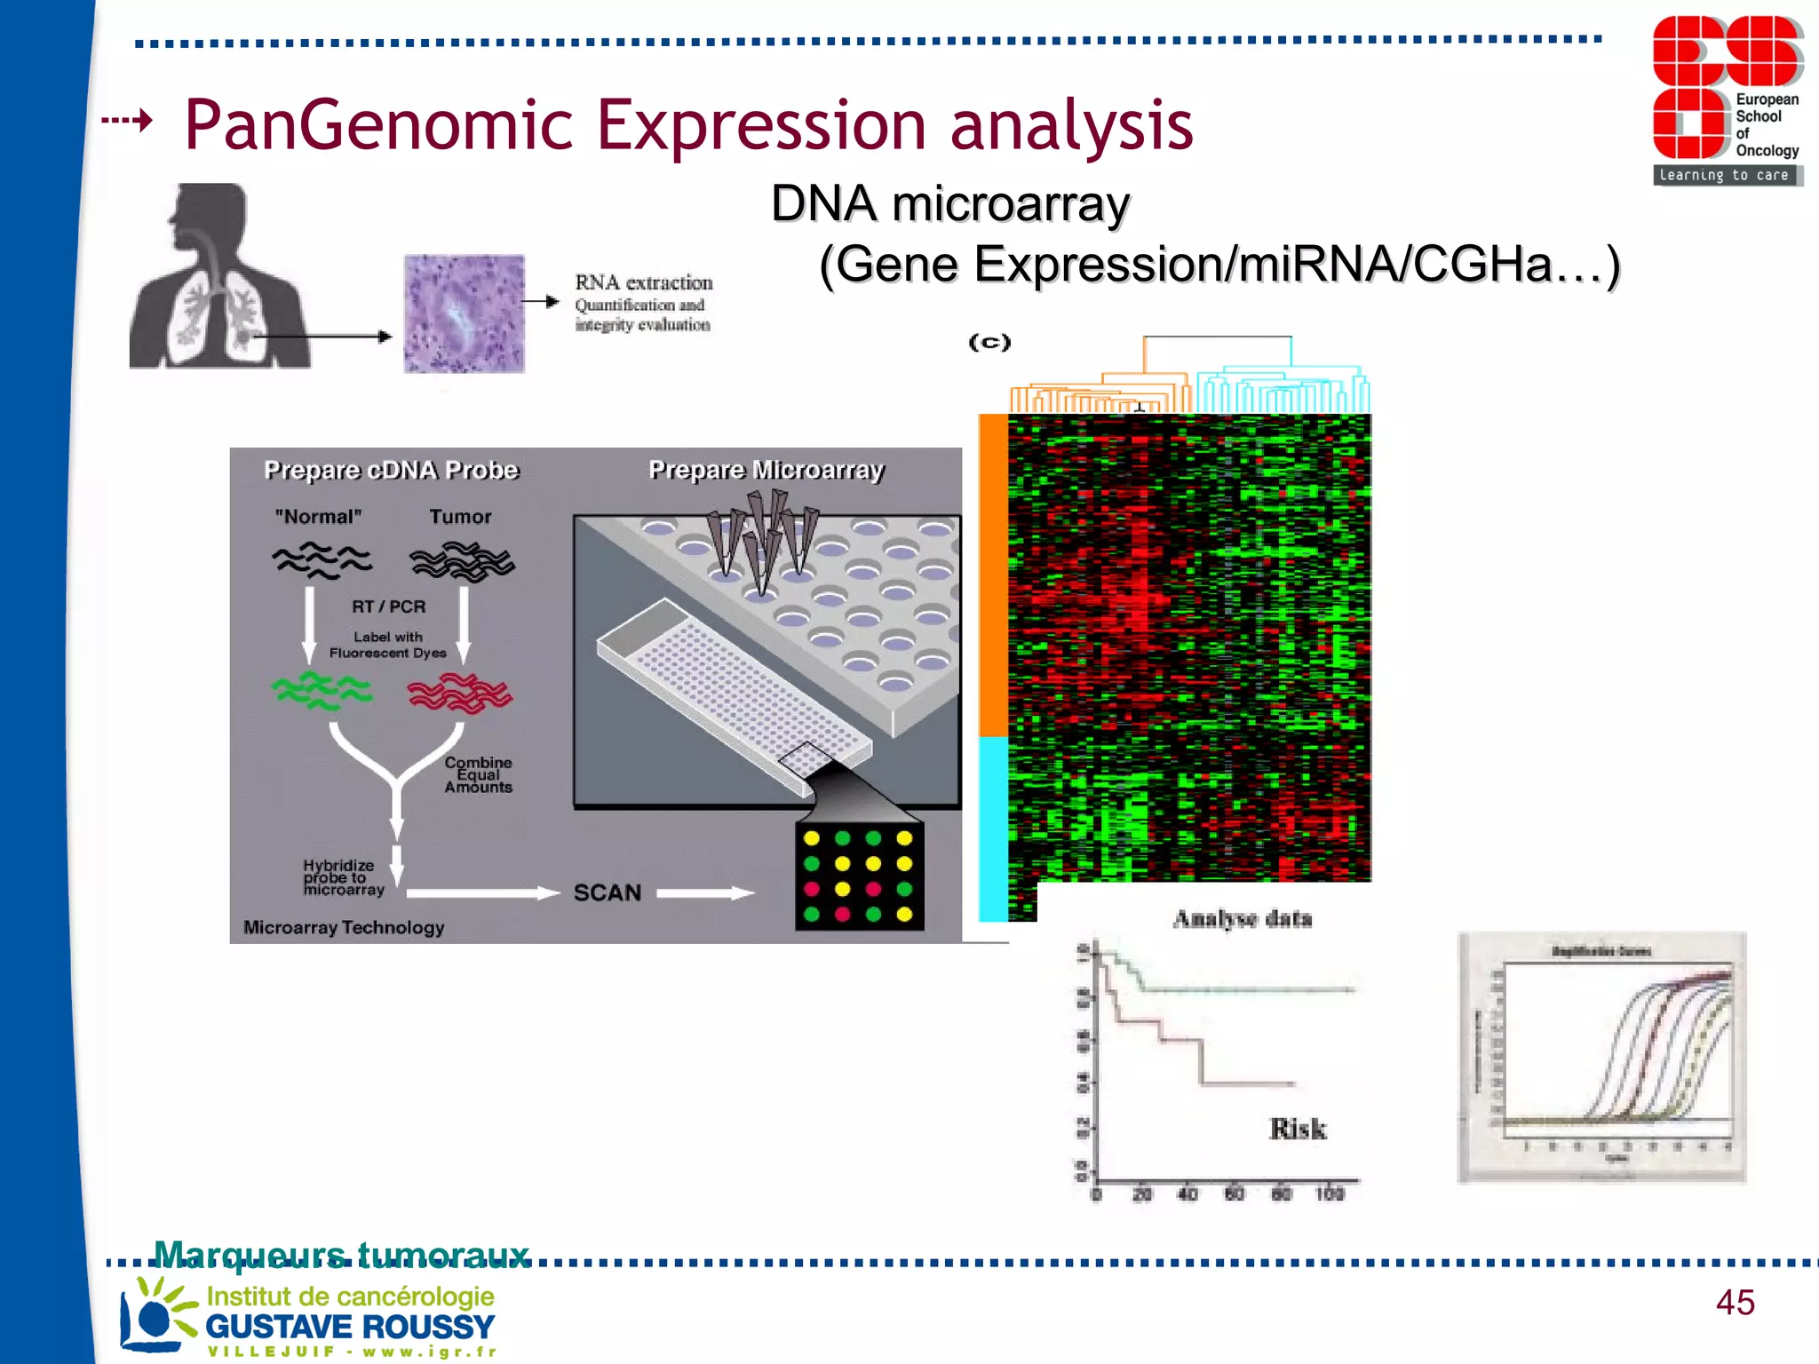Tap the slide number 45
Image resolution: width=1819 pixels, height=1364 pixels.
pos(1735,1303)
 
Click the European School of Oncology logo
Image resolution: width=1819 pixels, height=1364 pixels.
pos(1727,99)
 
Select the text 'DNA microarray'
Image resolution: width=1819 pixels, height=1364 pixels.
pos(949,204)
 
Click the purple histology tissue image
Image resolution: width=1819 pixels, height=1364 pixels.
pos(464,313)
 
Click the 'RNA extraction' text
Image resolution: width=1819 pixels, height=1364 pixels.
pos(643,282)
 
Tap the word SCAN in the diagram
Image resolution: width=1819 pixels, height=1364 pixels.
pos(607,892)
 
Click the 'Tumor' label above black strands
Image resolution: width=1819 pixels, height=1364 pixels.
pos(460,517)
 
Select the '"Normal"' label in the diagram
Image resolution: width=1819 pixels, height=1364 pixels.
pos(318,517)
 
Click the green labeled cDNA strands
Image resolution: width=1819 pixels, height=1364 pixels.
pos(321,691)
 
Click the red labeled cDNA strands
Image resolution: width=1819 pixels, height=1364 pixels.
pos(459,693)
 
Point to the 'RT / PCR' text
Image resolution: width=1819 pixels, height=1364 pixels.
pos(388,607)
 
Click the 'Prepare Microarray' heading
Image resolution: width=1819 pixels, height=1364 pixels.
pos(766,470)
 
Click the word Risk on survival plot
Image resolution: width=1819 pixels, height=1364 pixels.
pos(1297,1129)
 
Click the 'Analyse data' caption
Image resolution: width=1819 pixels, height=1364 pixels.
pos(1242,918)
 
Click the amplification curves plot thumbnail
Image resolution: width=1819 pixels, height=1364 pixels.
pos(1602,1057)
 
